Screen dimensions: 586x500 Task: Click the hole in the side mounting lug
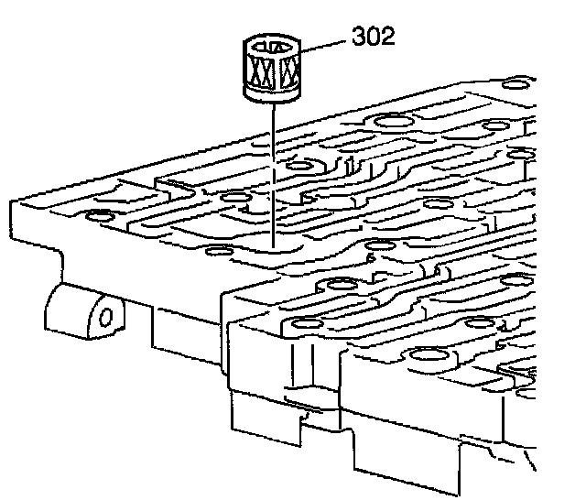coord(106,318)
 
